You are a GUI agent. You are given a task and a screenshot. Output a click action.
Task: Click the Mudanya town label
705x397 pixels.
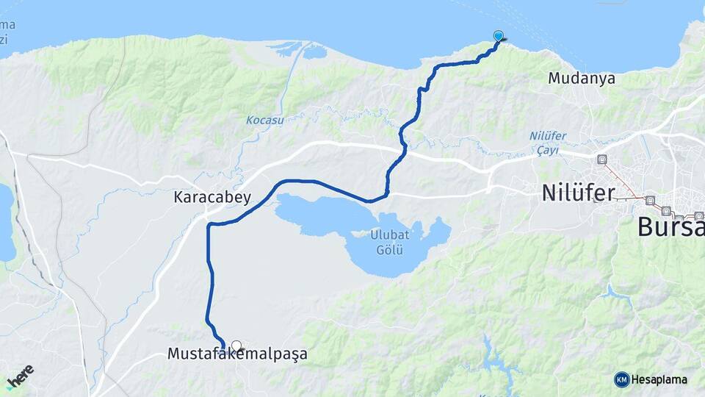click(x=582, y=78)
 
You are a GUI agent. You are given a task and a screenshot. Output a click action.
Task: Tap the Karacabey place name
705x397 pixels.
click(x=212, y=197)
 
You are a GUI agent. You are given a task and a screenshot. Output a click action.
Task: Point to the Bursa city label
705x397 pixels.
click(x=670, y=227)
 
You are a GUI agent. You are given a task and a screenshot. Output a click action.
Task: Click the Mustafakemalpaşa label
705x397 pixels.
click(x=237, y=354)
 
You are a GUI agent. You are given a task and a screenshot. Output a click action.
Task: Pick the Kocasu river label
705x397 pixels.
click(x=264, y=120)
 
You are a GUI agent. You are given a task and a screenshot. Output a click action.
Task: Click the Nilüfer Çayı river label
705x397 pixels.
click(x=543, y=143)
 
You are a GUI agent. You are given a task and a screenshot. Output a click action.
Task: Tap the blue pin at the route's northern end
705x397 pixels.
click(x=499, y=36)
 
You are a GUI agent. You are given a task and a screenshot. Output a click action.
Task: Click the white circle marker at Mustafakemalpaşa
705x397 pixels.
click(x=236, y=345)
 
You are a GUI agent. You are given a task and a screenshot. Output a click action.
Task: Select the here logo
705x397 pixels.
click(x=20, y=376)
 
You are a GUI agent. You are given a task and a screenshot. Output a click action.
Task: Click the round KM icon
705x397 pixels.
click(x=621, y=379)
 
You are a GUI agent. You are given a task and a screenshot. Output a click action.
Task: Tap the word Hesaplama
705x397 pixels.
click(x=659, y=379)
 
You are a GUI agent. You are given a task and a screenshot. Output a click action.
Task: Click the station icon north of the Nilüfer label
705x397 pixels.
click(x=602, y=159)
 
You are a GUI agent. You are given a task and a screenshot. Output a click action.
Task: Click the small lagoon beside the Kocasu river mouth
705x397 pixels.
click(x=314, y=52)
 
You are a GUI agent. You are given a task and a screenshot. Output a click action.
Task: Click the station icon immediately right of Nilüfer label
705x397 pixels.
click(x=649, y=199)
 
